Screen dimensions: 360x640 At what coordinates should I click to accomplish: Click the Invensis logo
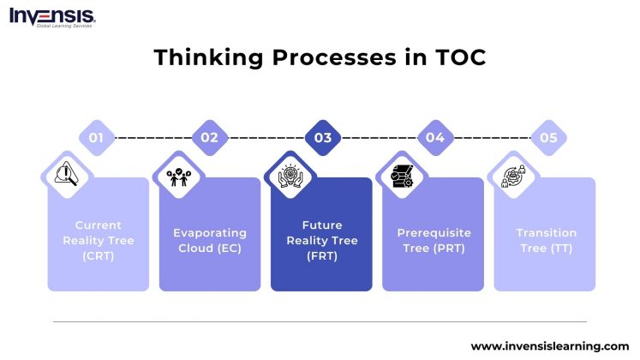52,16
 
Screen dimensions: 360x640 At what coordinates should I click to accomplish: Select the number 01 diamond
97,137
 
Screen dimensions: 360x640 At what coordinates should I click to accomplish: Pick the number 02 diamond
209,137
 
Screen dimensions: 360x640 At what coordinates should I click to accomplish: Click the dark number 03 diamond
322,137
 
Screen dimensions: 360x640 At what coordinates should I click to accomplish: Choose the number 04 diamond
434,137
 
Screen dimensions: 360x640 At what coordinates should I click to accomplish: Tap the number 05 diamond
547,137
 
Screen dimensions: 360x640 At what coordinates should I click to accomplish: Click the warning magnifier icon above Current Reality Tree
65,175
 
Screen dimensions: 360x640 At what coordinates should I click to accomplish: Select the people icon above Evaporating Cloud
177,175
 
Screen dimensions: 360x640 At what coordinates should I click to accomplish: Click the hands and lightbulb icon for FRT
290,175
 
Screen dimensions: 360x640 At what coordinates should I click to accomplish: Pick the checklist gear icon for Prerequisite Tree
402,175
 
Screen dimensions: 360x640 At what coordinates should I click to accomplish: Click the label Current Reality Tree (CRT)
98,240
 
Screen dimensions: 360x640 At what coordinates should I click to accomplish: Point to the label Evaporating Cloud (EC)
210,240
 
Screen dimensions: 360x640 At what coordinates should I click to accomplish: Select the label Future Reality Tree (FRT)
321,240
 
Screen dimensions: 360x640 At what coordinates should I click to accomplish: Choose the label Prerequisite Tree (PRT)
434,240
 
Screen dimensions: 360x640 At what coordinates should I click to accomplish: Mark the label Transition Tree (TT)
546,240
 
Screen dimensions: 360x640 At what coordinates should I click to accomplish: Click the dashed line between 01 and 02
153,137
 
